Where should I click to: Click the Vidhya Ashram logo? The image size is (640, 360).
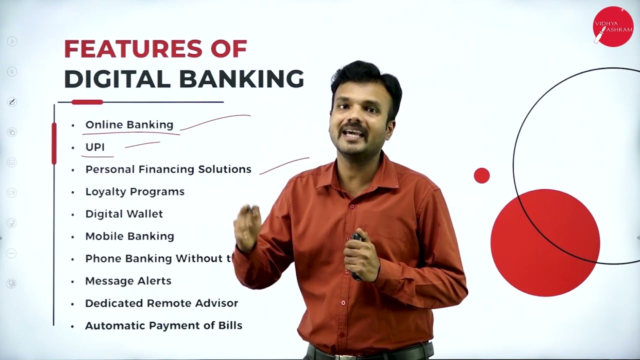pyautogui.click(x=612, y=26)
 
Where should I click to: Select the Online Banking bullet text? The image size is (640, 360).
pyautogui.click(x=129, y=124)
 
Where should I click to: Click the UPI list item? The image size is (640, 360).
pyautogui.click(x=95, y=147)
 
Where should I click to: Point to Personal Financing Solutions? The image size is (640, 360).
pyautogui.click(x=168, y=169)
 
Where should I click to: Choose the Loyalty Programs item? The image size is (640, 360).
pyautogui.click(x=134, y=191)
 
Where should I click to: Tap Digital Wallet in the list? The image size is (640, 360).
pyautogui.click(x=124, y=213)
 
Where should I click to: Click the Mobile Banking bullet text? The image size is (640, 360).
pyautogui.click(x=129, y=236)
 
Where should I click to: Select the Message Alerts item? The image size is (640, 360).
pyautogui.click(x=128, y=280)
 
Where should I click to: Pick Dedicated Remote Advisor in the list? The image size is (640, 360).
pyautogui.click(x=161, y=303)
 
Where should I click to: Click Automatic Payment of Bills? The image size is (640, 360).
pyautogui.click(x=163, y=325)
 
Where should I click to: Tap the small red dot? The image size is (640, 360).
pyautogui.click(x=481, y=175)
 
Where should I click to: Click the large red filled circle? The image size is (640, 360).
pyautogui.click(x=545, y=242)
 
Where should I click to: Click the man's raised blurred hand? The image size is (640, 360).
pyautogui.click(x=247, y=227)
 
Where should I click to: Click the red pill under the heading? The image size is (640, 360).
pyautogui.click(x=87, y=102)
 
